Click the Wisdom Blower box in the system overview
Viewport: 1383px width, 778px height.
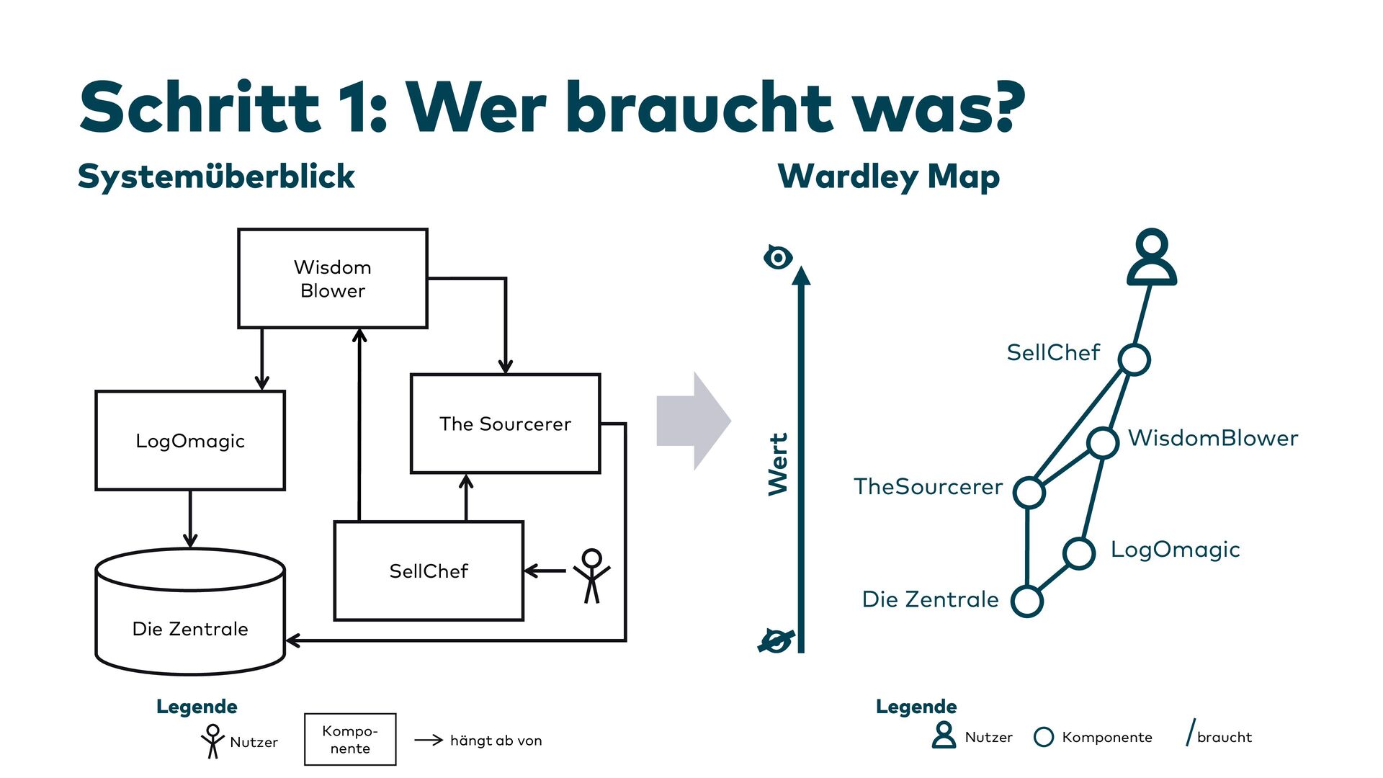(x=332, y=279)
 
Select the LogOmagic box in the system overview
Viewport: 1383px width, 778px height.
(x=190, y=441)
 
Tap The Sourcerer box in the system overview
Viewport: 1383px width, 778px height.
(x=505, y=424)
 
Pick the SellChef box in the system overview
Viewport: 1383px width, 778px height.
(x=429, y=571)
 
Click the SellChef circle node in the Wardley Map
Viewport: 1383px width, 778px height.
(x=1134, y=359)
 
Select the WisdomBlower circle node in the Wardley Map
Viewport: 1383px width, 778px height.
(x=1103, y=442)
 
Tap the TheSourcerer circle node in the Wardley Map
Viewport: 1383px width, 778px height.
(x=1029, y=493)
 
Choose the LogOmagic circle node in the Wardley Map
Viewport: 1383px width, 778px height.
(x=1079, y=553)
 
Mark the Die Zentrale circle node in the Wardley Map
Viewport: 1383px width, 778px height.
(x=1027, y=601)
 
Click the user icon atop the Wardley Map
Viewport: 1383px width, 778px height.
(x=1152, y=257)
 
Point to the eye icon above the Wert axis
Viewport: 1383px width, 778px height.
(x=778, y=257)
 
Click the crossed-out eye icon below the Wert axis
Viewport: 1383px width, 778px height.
(x=776, y=640)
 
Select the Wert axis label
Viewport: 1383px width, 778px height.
(x=778, y=464)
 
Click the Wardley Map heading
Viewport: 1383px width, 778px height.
(x=889, y=176)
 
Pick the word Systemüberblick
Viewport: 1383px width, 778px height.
(x=216, y=176)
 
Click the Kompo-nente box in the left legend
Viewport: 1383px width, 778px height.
(x=350, y=739)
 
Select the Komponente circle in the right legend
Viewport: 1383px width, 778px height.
(x=1043, y=737)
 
